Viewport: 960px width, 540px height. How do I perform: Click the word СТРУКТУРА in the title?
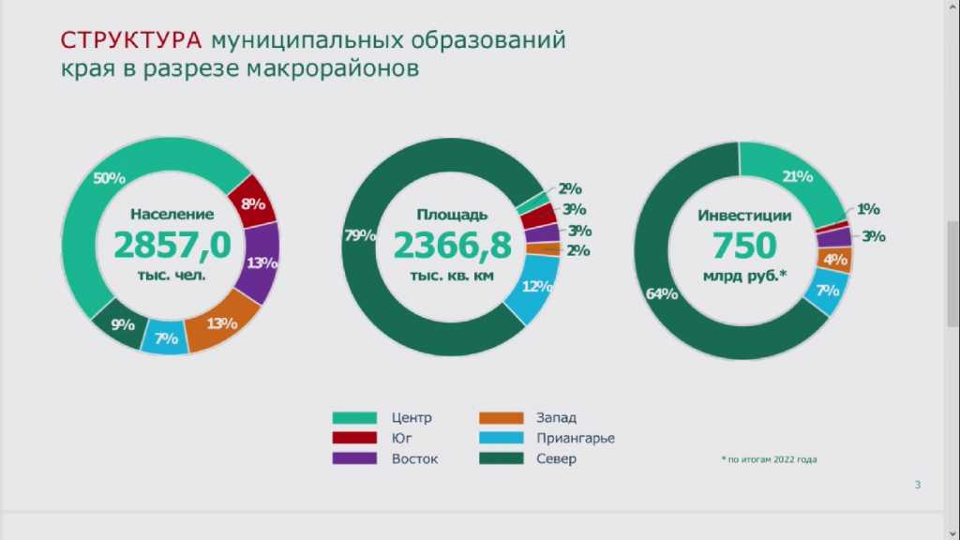(130, 40)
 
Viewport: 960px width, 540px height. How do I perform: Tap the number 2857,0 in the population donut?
(172, 245)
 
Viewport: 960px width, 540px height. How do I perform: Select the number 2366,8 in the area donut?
(452, 245)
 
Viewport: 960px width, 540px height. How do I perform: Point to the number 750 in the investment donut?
(743, 245)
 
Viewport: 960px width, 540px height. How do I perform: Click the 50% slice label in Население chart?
(110, 178)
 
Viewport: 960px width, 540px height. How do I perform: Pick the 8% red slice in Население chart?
(253, 202)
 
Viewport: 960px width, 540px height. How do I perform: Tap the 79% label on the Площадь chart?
(359, 234)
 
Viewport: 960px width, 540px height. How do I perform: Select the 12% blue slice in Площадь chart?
(536, 287)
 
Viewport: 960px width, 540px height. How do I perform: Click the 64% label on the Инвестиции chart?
(662, 294)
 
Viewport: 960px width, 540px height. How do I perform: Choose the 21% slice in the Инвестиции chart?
(797, 177)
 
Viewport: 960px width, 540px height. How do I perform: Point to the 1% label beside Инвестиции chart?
(868, 209)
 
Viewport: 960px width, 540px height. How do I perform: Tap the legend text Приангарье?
(576, 438)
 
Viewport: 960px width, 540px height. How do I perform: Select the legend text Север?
(556, 458)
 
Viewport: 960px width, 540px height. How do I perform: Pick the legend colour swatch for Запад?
(501, 417)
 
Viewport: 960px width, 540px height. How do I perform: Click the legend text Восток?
(414, 458)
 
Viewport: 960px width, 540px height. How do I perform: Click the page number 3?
(917, 485)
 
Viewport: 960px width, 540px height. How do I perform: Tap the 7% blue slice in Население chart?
(165, 337)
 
